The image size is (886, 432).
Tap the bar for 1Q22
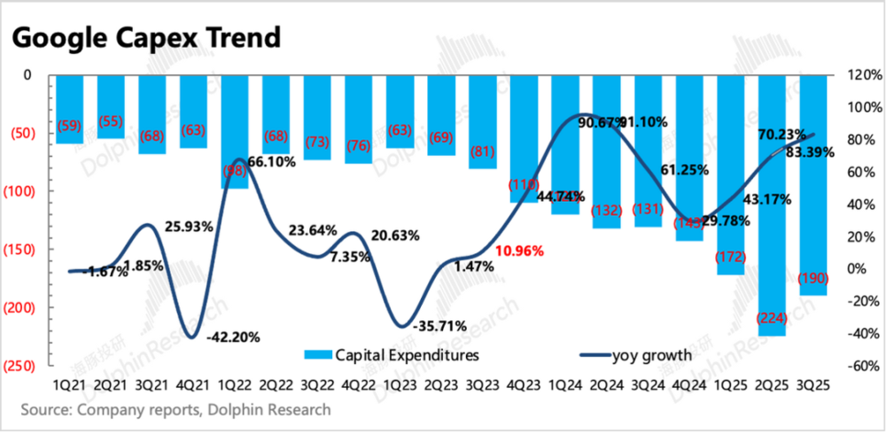click(x=234, y=133)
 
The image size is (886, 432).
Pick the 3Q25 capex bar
click(x=813, y=186)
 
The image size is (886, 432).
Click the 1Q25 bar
click(x=730, y=177)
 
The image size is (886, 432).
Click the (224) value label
click(x=772, y=318)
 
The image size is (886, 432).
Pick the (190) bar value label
click(x=812, y=278)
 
